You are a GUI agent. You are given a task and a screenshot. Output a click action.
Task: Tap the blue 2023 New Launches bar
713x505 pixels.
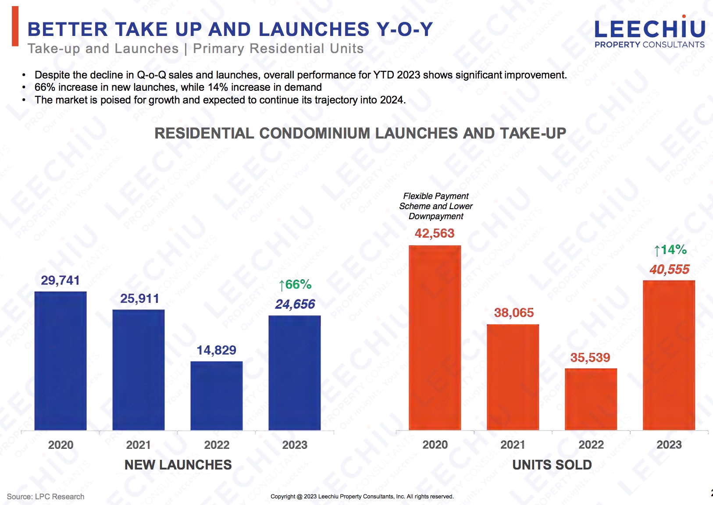pyautogui.click(x=294, y=373)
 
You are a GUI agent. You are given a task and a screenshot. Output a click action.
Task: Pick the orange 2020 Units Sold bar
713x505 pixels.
pyautogui.click(x=435, y=338)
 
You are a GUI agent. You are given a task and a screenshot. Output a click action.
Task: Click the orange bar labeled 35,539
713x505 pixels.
pyautogui.click(x=591, y=399)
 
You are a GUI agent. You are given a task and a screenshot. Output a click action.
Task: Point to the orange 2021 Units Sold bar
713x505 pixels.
pyautogui.click(x=513, y=377)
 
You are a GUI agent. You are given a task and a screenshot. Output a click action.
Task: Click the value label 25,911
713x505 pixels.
pyautogui.click(x=139, y=299)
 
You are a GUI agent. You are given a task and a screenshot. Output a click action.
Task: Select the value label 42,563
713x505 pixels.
pyautogui.click(x=435, y=233)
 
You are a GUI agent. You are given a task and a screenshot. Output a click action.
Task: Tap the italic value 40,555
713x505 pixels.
pyautogui.click(x=669, y=269)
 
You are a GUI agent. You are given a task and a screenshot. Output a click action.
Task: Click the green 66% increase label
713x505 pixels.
pyautogui.click(x=295, y=285)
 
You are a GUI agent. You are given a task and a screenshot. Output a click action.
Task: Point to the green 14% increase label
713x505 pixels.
pyautogui.click(x=670, y=250)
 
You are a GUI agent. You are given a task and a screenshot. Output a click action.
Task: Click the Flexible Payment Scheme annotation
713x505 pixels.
pyautogui.click(x=436, y=206)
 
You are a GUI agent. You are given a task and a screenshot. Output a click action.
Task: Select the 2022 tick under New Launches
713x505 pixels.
pyautogui.click(x=217, y=445)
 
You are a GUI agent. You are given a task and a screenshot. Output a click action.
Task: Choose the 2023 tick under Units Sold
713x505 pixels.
pyautogui.click(x=669, y=445)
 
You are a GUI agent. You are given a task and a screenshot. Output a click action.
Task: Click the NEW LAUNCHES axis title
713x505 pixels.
pyautogui.click(x=178, y=465)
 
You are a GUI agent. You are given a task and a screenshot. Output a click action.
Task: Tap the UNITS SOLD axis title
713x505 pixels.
pyautogui.click(x=552, y=465)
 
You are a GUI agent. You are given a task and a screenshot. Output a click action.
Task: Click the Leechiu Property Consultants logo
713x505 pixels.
pyautogui.click(x=649, y=33)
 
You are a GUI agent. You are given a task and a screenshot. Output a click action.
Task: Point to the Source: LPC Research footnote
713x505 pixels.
pyautogui.click(x=46, y=496)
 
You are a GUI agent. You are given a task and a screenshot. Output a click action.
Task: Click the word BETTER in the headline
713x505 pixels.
pyautogui.click(x=68, y=29)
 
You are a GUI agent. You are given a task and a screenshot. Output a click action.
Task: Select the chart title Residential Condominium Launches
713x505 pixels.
pyautogui.click(x=360, y=133)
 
